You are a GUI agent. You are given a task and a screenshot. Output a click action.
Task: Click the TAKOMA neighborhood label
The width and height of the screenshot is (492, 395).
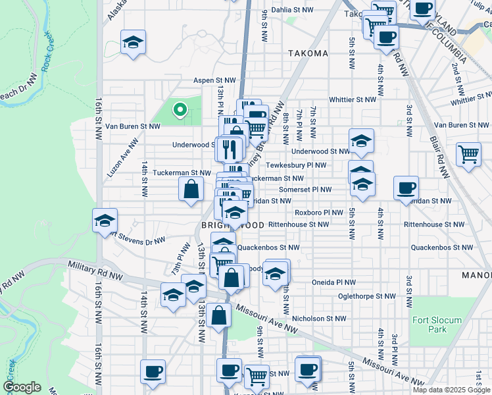point(307,53)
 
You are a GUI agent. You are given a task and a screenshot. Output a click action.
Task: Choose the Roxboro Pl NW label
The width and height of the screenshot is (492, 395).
point(319,213)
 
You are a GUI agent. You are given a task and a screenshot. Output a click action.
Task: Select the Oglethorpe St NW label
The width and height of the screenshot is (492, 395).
point(365,296)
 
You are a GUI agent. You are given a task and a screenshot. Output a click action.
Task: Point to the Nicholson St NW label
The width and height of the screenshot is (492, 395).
point(319,319)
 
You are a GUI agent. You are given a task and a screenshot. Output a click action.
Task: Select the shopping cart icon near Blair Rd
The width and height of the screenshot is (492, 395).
point(468,155)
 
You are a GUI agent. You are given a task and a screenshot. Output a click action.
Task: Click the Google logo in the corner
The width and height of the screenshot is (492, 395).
point(22,388)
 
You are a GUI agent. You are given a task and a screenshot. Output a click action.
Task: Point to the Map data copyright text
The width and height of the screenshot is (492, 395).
point(451,390)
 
